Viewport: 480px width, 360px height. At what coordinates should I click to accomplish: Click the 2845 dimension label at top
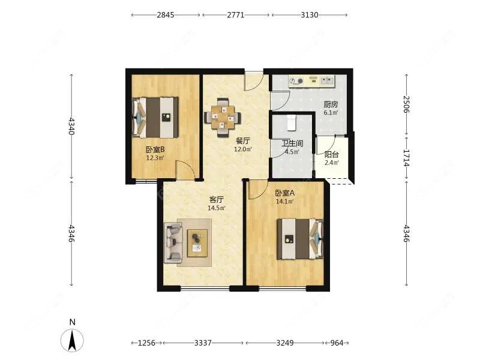[x=166, y=14]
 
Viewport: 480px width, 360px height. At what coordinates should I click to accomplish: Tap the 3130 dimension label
[x=310, y=14]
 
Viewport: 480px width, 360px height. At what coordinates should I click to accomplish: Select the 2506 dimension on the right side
[x=406, y=104]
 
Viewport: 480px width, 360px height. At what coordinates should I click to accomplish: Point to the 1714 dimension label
[x=406, y=158]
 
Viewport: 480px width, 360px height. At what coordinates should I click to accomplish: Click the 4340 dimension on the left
[x=71, y=126]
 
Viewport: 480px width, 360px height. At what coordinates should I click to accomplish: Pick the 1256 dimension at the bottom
[x=146, y=343]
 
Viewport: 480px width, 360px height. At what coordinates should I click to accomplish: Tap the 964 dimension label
[x=337, y=343]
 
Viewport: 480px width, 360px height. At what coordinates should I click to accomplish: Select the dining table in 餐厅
[x=223, y=117]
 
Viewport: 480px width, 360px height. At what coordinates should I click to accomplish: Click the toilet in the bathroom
[x=292, y=122]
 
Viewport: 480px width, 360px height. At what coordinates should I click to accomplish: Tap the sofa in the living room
[x=173, y=243]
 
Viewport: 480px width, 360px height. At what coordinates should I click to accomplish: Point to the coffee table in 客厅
[x=197, y=243]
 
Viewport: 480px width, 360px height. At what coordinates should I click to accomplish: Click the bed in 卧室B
[x=155, y=117]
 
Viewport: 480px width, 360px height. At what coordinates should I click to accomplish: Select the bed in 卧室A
[x=301, y=239]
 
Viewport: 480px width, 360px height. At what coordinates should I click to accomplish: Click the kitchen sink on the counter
[x=327, y=81]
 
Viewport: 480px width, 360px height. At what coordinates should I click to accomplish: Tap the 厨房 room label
[x=331, y=104]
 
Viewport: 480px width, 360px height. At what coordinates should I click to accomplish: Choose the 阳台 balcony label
[x=332, y=155]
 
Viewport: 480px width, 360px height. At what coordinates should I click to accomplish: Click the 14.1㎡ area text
[x=285, y=202]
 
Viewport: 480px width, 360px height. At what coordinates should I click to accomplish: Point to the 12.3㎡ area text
[x=155, y=158]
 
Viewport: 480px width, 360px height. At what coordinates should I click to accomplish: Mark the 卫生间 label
[x=292, y=143]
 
